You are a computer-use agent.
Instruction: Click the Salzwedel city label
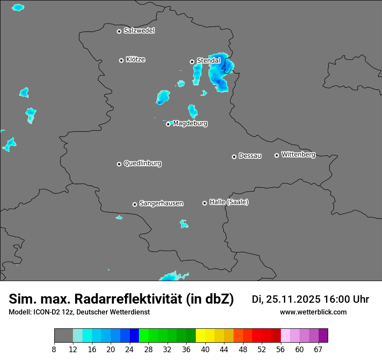click(x=139, y=31)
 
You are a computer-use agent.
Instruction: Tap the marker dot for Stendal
click(x=192, y=62)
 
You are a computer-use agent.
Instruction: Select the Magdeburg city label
click(x=190, y=124)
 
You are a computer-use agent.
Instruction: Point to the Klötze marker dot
click(x=121, y=60)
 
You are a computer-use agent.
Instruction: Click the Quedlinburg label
click(x=142, y=164)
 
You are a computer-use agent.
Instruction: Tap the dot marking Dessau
click(x=234, y=157)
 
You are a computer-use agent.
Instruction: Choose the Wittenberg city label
click(x=298, y=154)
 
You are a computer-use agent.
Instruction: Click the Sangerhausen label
click(x=161, y=203)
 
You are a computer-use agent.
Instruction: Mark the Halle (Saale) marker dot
click(x=204, y=203)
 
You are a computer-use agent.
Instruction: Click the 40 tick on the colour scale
click(x=205, y=349)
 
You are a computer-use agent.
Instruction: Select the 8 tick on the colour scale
click(x=54, y=349)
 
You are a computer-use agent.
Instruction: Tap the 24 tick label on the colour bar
click(x=130, y=349)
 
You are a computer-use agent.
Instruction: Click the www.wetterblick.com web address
click(x=313, y=312)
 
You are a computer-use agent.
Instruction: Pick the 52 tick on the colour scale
click(x=262, y=349)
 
